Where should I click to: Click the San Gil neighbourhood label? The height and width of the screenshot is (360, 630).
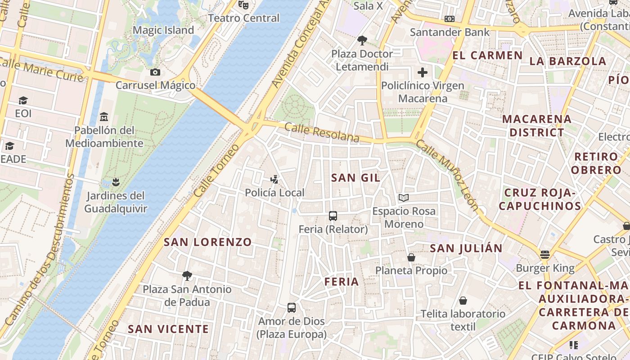[x=355, y=178]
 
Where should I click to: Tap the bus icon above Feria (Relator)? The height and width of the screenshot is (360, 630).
[x=333, y=216]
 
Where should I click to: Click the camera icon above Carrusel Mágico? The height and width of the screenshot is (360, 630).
[x=155, y=72]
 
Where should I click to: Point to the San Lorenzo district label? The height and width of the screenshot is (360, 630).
[x=207, y=242]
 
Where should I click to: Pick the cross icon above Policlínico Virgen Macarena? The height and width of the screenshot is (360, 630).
[x=423, y=72]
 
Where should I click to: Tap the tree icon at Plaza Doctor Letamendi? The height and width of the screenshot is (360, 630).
[x=362, y=40]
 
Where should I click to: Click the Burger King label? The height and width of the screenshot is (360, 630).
[x=545, y=269]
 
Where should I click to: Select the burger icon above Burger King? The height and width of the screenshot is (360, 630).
[x=545, y=255]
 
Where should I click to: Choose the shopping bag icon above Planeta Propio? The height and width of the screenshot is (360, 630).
[x=411, y=257]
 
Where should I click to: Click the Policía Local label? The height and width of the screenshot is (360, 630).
[x=274, y=193]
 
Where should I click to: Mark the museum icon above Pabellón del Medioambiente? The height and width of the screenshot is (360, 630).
[x=104, y=117]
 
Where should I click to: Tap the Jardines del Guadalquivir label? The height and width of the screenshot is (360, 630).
[x=116, y=202]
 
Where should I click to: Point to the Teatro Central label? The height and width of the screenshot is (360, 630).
[x=244, y=18]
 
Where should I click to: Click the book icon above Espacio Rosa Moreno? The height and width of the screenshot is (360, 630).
[x=404, y=198]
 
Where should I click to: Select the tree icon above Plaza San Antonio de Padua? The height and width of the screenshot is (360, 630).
[x=187, y=275]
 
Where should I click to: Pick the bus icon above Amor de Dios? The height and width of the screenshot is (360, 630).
[x=292, y=308]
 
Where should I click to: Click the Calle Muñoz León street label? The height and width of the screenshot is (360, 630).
[x=447, y=175]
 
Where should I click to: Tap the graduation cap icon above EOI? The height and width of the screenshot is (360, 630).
[x=23, y=100]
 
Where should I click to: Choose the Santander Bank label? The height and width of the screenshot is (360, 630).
[x=450, y=32]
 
